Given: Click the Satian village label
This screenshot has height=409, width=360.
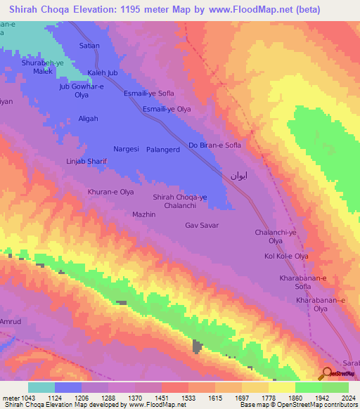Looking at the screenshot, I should [x=89, y=46].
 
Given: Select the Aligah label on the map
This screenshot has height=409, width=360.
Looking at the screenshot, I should [x=88, y=119].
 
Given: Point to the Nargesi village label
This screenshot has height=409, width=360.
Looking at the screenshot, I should [x=127, y=149].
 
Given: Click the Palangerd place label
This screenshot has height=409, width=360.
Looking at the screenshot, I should [x=164, y=149].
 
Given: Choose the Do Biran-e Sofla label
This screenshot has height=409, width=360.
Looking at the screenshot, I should [x=215, y=145].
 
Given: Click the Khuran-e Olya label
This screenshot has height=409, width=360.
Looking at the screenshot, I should [x=110, y=191].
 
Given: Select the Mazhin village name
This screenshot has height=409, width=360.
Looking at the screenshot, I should [x=143, y=214].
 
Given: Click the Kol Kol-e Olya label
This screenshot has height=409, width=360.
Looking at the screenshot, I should [x=286, y=256].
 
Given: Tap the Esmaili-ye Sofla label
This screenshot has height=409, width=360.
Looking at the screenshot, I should [x=148, y=93].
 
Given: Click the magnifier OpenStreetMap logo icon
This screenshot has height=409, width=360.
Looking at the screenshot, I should [x=326, y=374].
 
